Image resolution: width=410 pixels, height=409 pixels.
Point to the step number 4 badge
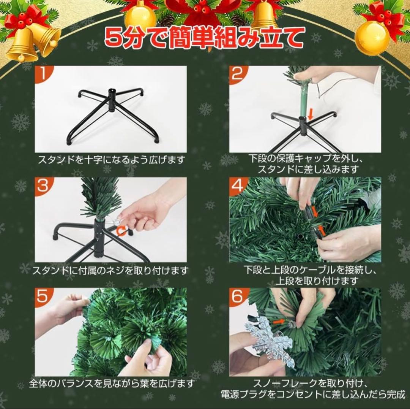238,186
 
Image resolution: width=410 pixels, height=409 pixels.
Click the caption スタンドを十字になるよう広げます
111,160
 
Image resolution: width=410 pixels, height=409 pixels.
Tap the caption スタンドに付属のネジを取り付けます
110,271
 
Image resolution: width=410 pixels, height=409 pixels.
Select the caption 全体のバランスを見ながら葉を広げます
112,383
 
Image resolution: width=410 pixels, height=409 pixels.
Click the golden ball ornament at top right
372,38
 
